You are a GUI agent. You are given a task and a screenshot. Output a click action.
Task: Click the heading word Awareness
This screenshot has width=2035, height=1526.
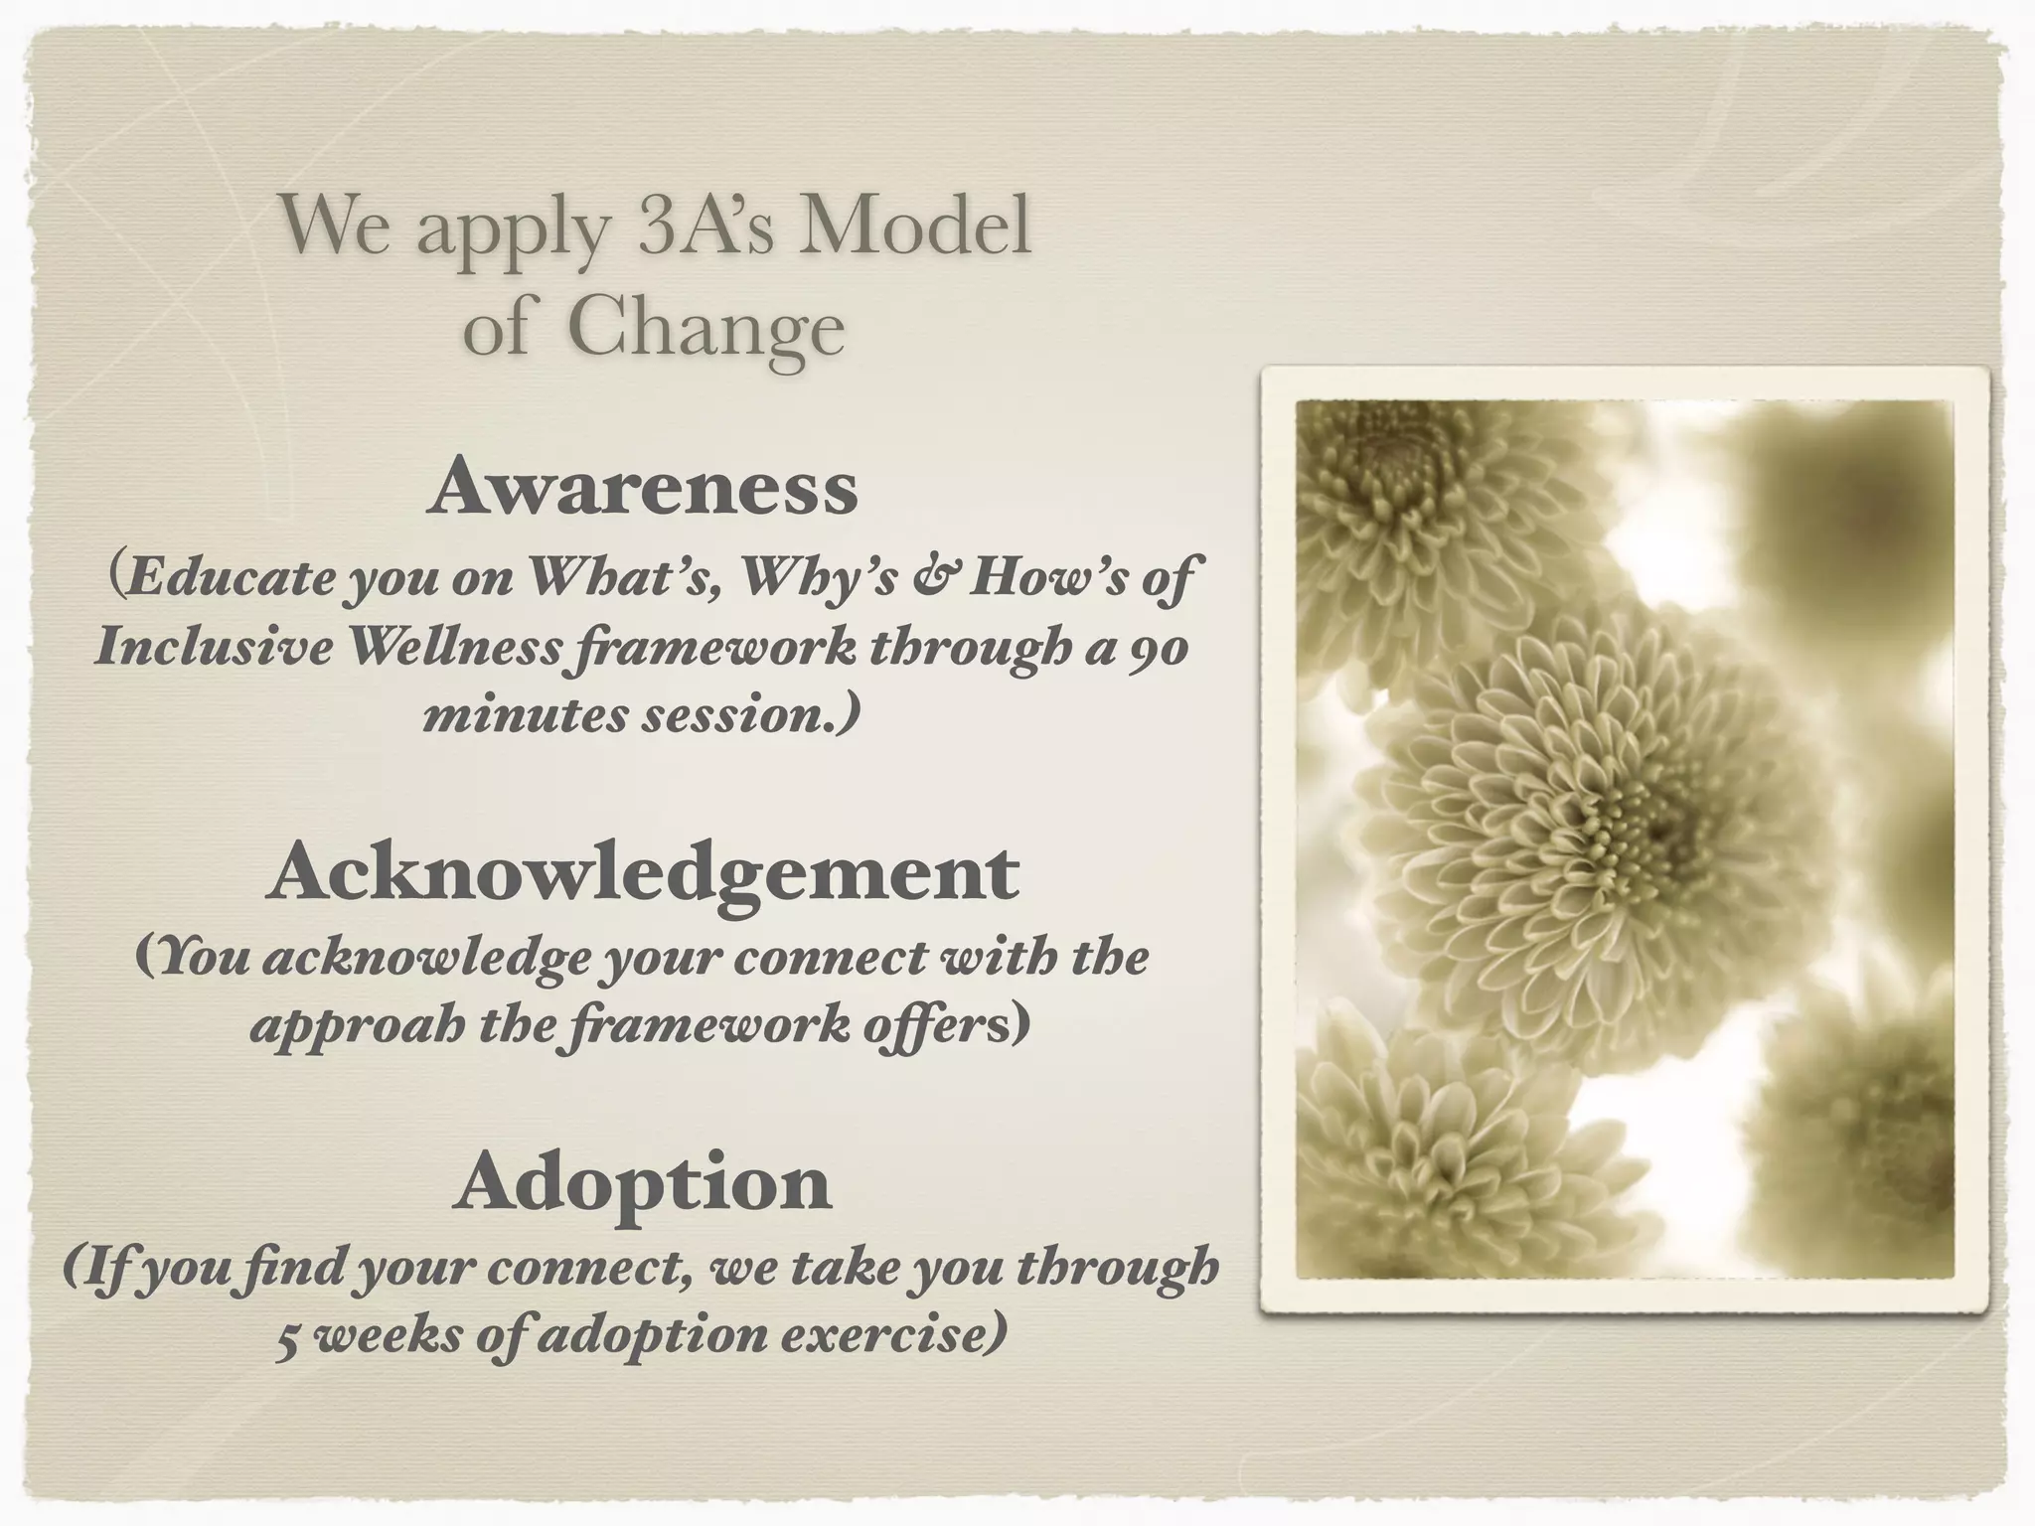pos(643,488)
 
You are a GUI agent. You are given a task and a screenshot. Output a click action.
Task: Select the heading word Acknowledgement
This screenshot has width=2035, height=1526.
pos(643,872)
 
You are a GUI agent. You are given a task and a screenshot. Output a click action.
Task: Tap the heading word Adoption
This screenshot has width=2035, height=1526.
pos(643,1183)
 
